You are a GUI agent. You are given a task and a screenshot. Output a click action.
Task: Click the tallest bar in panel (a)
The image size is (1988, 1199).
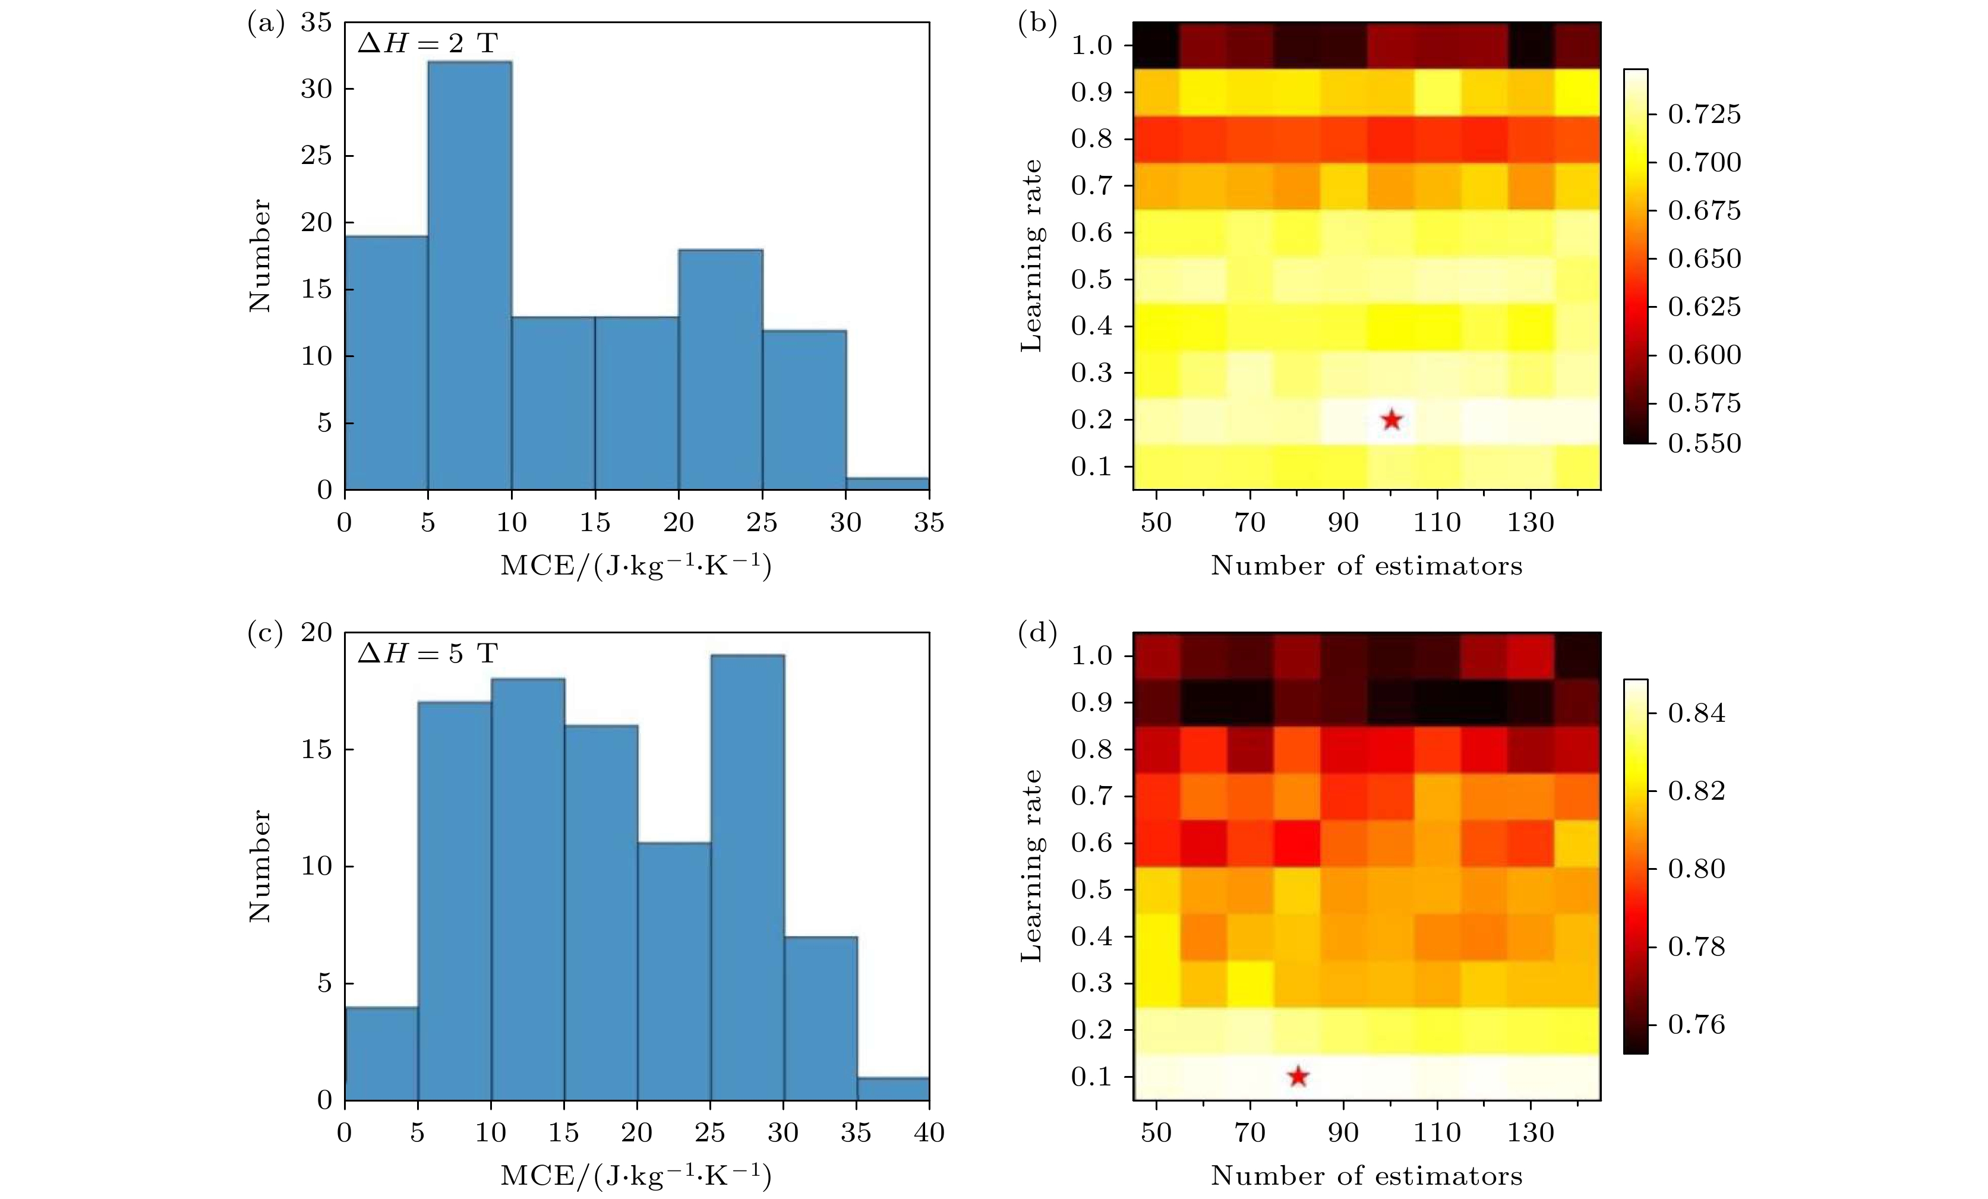[x=469, y=274]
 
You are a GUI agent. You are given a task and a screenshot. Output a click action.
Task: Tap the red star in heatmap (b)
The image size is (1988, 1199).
[x=1391, y=419]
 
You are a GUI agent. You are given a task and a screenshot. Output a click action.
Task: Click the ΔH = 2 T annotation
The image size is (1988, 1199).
[x=428, y=43]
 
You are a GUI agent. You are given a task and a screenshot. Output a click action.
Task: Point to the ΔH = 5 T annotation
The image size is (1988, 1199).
[x=428, y=653]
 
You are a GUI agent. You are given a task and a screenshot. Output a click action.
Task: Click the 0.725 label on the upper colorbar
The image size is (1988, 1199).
[x=1704, y=115]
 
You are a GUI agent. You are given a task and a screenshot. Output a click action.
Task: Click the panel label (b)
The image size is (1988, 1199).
[x=1037, y=23]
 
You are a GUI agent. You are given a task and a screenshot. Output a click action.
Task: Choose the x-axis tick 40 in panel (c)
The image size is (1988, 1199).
[x=929, y=1133]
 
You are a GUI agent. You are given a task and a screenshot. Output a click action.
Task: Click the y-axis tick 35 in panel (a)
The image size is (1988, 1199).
[x=316, y=23]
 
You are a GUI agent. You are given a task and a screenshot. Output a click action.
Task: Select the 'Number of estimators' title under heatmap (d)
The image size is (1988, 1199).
[x=1367, y=1176]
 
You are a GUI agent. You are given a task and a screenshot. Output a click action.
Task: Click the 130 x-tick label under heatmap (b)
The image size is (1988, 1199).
[x=1531, y=523]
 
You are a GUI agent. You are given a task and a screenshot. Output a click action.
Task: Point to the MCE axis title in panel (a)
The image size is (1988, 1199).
[x=636, y=566]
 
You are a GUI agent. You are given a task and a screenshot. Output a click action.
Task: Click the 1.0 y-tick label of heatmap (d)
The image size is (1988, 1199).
[x=1091, y=655]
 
